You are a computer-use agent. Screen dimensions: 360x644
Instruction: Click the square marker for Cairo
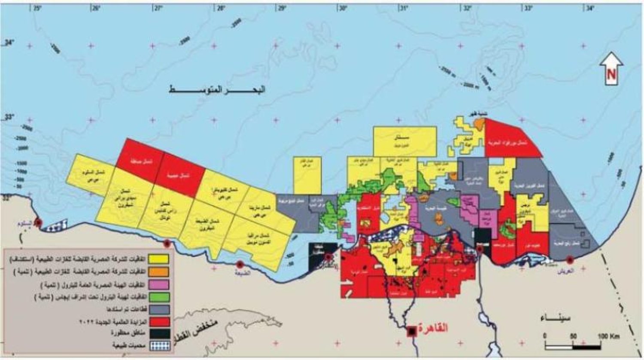pos(412,331)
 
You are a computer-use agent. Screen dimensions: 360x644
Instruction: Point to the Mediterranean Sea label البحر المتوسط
pos(216,90)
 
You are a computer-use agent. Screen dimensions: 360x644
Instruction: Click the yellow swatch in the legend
pos(158,259)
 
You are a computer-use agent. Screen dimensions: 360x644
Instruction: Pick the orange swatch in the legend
pos(158,272)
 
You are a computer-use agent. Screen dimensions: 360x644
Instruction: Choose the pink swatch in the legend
pos(158,284)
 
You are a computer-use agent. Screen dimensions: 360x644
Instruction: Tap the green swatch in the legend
pos(158,297)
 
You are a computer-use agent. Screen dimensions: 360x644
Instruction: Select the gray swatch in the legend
pos(158,309)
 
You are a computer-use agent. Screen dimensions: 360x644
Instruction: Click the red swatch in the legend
pos(158,321)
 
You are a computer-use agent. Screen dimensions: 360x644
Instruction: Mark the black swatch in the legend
pos(158,333)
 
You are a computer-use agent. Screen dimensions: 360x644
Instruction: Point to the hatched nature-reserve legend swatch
pos(158,345)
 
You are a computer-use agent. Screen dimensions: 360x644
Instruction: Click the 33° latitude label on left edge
pos(8,117)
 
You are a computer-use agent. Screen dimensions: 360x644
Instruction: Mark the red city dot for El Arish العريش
pos(570,259)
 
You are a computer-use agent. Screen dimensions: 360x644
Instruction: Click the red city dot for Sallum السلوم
pos(38,222)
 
